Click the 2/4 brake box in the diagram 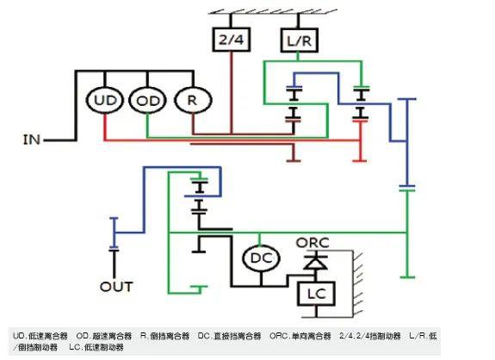tap(230, 40)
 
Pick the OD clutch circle tap(146, 101)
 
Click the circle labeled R tap(189, 101)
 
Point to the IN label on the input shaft tap(31, 139)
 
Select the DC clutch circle tap(257, 258)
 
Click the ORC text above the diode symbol tap(312, 242)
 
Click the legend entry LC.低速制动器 tap(96, 347)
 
